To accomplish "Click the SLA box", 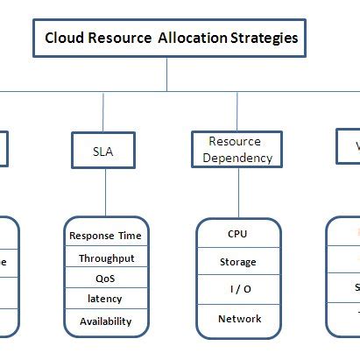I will click(102, 150).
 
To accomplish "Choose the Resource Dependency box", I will click(235, 150).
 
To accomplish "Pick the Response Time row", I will click(105, 236).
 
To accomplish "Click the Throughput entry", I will click(105, 258).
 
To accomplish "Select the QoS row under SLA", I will click(105, 279).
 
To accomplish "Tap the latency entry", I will click(105, 299).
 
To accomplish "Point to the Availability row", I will click(105, 321).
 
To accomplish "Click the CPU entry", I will click(237, 234).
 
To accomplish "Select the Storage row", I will click(237, 262).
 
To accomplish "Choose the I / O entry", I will click(237, 290).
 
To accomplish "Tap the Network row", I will click(238, 319).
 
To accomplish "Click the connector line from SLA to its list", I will click(105, 193).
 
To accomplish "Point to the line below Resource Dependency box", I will click(238, 193).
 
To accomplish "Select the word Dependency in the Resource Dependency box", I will click(235, 158).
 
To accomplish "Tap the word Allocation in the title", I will click(192, 39).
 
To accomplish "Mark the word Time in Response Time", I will click(130, 236).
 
